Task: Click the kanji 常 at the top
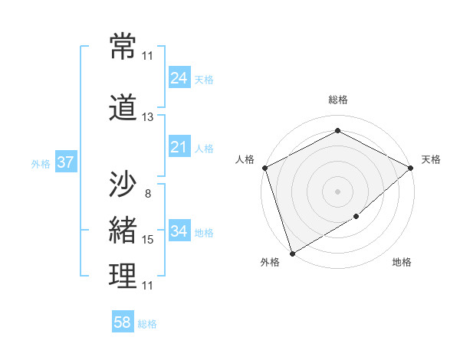point(123,47)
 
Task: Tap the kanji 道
point(123,108)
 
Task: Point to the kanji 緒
point(123,231)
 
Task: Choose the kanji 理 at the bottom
point(123,277)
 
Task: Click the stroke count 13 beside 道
point(148,117)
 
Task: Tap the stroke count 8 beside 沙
point(148,194)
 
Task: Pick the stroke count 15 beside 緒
point(148,240)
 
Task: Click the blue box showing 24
point(179,78)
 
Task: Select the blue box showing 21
point(179,147)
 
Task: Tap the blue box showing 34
point(179,231)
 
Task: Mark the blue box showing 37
point(65,162)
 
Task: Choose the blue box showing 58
point(122,322)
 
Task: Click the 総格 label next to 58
point(147,324)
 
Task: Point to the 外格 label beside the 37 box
point(41,163)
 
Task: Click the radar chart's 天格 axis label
point(431,159)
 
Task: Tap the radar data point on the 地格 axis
point(357,218)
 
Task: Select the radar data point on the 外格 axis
point(291,253)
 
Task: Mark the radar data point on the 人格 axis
point(264,168)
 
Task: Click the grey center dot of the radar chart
point(337,191)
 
